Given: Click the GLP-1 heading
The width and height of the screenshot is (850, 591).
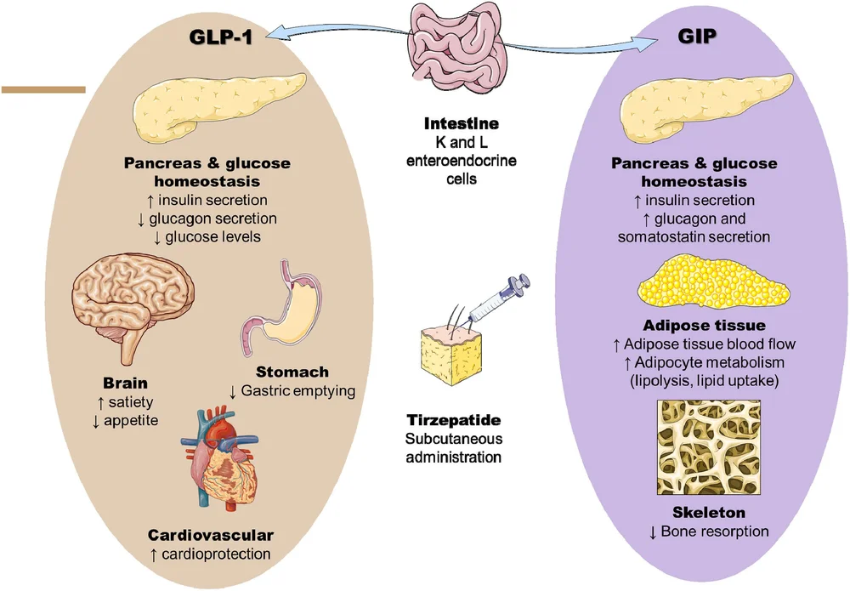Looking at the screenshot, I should [222, 37].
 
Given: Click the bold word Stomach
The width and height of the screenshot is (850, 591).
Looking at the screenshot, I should [292, 372].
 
